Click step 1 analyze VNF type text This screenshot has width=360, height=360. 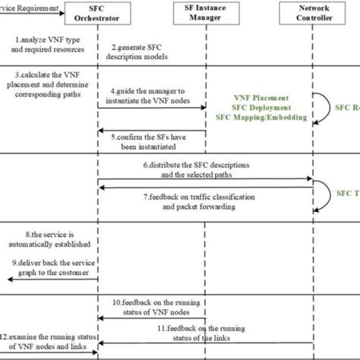point(47,43)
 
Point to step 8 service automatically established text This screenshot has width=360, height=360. point(47,239)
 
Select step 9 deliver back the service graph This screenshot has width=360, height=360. point(48,267)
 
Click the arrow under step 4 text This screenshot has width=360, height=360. point(152,107)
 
